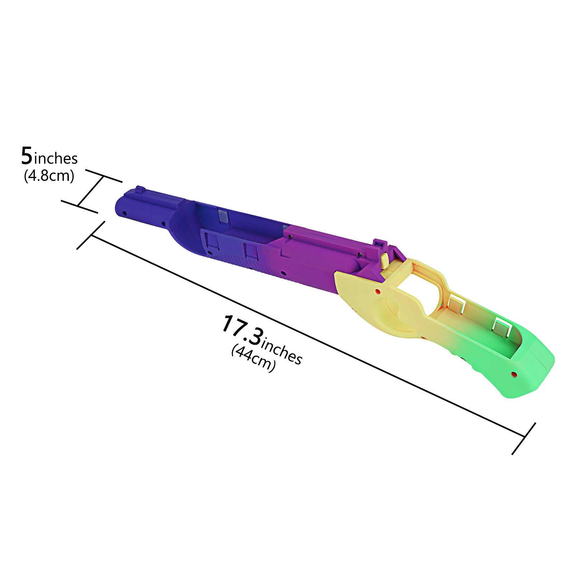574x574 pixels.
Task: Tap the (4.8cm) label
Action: (x=49, y=176)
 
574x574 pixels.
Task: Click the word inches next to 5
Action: (x=56, y=158)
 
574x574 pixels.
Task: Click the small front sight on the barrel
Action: (x=138, y=189)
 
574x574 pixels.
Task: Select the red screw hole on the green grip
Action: (x=514, y=375)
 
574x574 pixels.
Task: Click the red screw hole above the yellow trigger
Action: (x=377, y=291)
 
